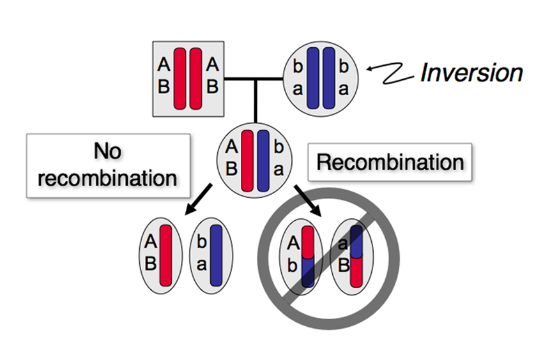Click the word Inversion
pos(471,73)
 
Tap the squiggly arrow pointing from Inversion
pos(390,73)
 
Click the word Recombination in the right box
pos(390,162)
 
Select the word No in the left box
pos(107,151)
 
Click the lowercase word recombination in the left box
pos(107,178)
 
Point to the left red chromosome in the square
pos(180,79)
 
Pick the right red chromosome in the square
pos(195,79)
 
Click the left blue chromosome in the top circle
pos(313,78)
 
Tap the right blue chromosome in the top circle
pos(328,78)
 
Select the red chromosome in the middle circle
pos(247,161)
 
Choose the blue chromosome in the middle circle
pos(263,161)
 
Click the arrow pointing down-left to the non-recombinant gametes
pos(199,199)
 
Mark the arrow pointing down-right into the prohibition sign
pos(308,201)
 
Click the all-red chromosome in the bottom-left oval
pos(165,255)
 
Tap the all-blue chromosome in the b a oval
pos(216,255)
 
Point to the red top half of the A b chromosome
pos(307,242)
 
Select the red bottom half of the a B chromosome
pos(356,272)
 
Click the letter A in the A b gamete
pos(293,243)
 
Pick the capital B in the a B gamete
pos(344,266)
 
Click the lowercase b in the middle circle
pos(279,147)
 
